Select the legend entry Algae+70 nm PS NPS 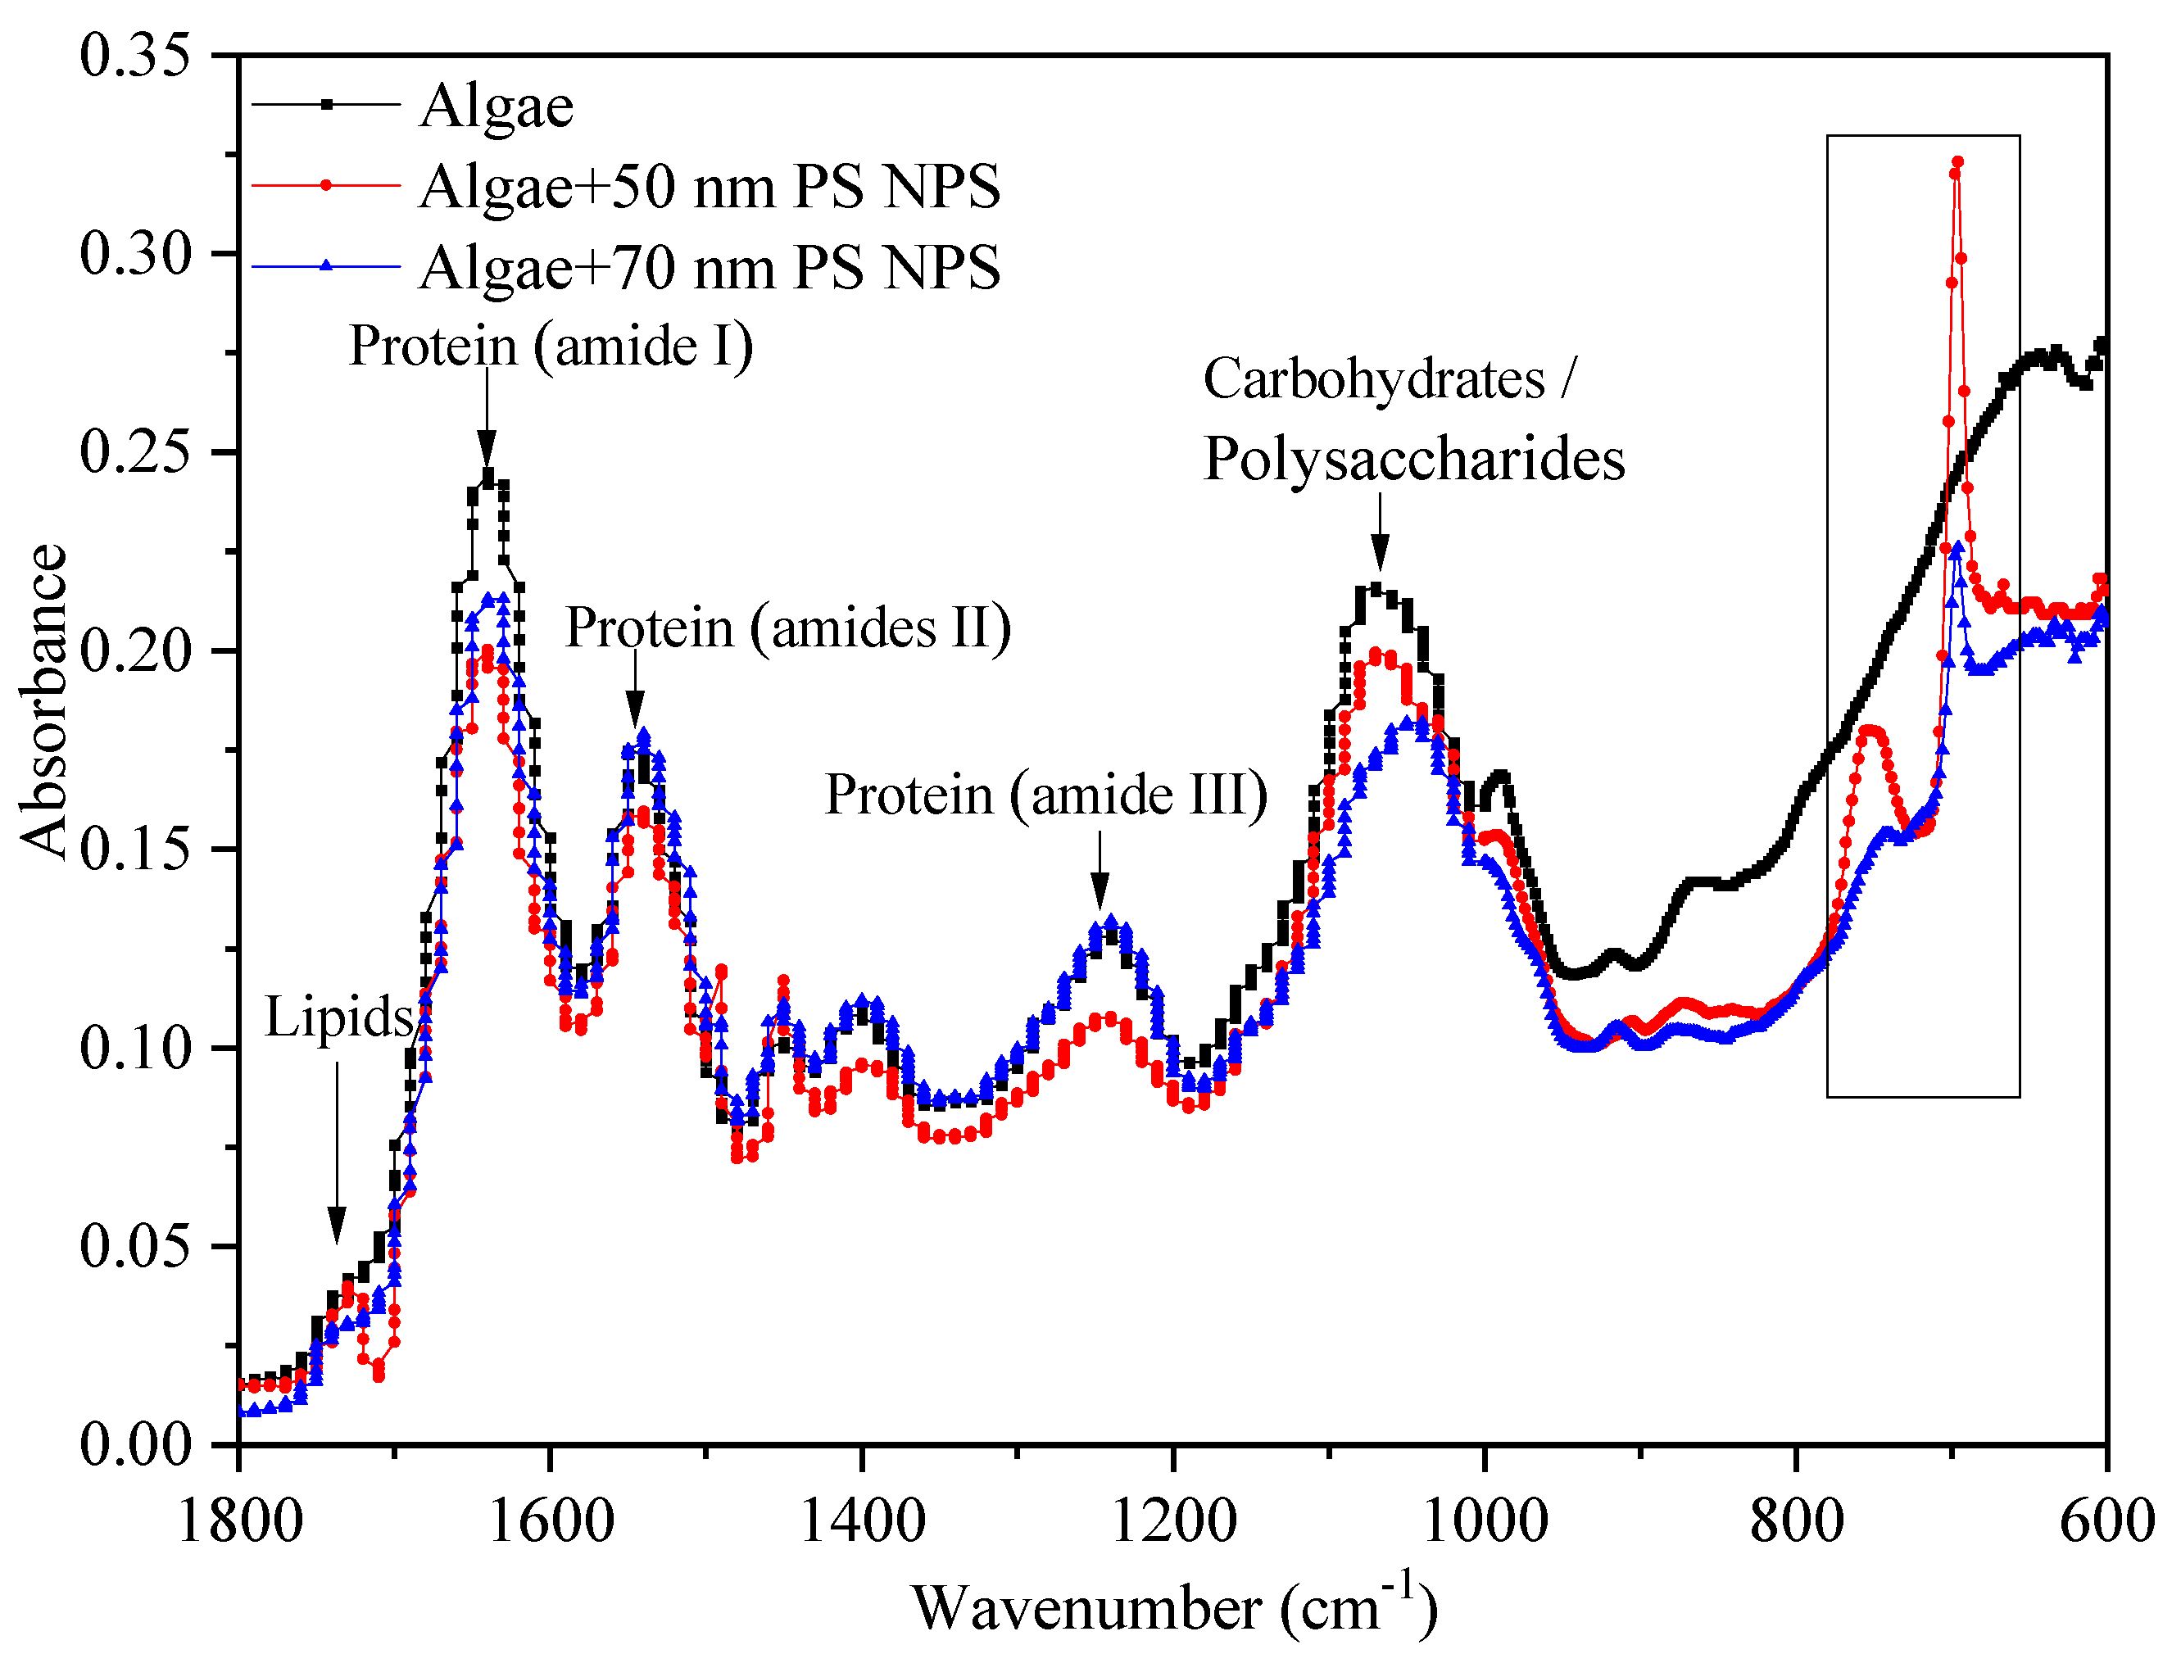click(x=708, y=267)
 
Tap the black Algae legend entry click(x=496, y=106)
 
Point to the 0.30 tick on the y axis click(x=134, y=254)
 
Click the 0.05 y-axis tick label click(x=134, y=1246)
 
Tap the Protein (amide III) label click(x=1045, y=795)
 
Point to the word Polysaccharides click(x=1413, y=460)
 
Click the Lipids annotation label click(x=338, y=1017)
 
